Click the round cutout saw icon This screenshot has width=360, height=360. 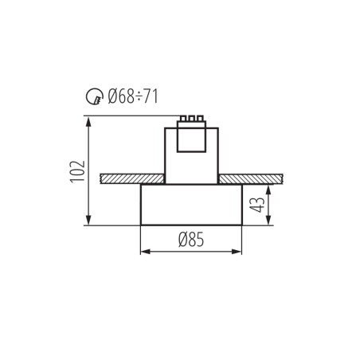(x=93, y=98)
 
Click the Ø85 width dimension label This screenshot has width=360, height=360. (x=191, y=239)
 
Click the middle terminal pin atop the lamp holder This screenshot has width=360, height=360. (x=191, y=119)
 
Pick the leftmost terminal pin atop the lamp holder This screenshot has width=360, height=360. (x=183, y=119)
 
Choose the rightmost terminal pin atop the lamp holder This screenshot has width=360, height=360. (x=199, y=119)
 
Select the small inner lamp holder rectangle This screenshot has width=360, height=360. (x=191, y=139)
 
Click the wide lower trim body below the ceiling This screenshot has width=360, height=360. (x=191, y=205)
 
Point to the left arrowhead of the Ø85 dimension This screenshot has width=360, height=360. (x=144, y=252)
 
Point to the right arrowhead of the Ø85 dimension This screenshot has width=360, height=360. (x=238, y=252)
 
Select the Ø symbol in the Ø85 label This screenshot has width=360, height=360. (x=182, y=239)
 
